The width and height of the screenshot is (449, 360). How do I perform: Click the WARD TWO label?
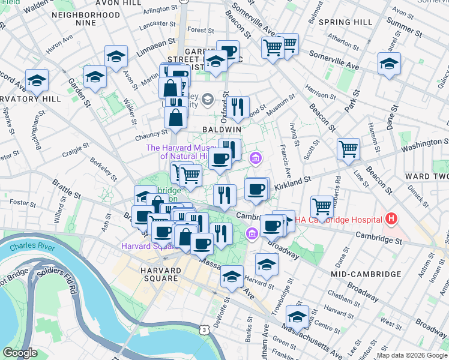tap(426, 176)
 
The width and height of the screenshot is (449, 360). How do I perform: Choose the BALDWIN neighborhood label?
tap(221, 130)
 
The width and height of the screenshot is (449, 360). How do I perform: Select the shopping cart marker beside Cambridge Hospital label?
tap(322, 206)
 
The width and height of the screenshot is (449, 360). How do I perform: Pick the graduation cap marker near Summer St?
tap(389, 64)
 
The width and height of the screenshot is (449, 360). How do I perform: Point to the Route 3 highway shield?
tap(205, 330)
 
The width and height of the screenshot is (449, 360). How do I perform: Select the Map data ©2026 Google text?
tap(412, 355)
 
